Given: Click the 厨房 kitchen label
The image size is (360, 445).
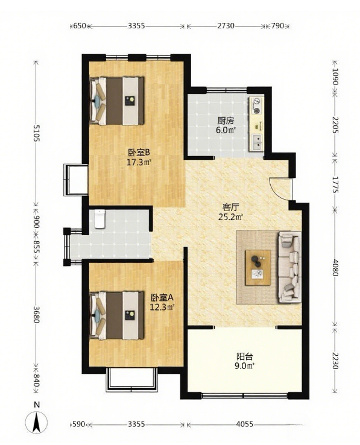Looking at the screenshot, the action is (x=226, y=121).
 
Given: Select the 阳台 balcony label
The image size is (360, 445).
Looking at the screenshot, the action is (x=245, y=356).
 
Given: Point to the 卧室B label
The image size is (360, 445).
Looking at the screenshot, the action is (x=139, y=153).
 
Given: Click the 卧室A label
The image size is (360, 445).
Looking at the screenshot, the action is (x=162, y=298).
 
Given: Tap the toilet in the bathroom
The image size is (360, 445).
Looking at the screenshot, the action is (x=99, y=219).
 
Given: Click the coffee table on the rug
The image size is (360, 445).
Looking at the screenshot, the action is (x=258, y=267).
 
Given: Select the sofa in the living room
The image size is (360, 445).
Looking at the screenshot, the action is (x=289, y=267).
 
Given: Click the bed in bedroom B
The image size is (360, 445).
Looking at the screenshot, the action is (x=117, y=101).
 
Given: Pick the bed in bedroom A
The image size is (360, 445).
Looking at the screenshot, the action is (x=117, y=315).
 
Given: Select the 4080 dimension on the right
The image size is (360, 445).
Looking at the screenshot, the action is (x=336, y=267).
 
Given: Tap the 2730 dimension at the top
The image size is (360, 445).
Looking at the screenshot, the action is (x=226, y=26).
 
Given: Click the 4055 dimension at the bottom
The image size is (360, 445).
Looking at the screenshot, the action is (x=245, y=424).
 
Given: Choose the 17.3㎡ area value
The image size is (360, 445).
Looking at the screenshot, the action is (x=139, y=163).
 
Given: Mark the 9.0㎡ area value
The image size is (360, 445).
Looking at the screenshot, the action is (x=245, y=366).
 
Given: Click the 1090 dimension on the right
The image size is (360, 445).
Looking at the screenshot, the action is (x=336, y=77).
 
